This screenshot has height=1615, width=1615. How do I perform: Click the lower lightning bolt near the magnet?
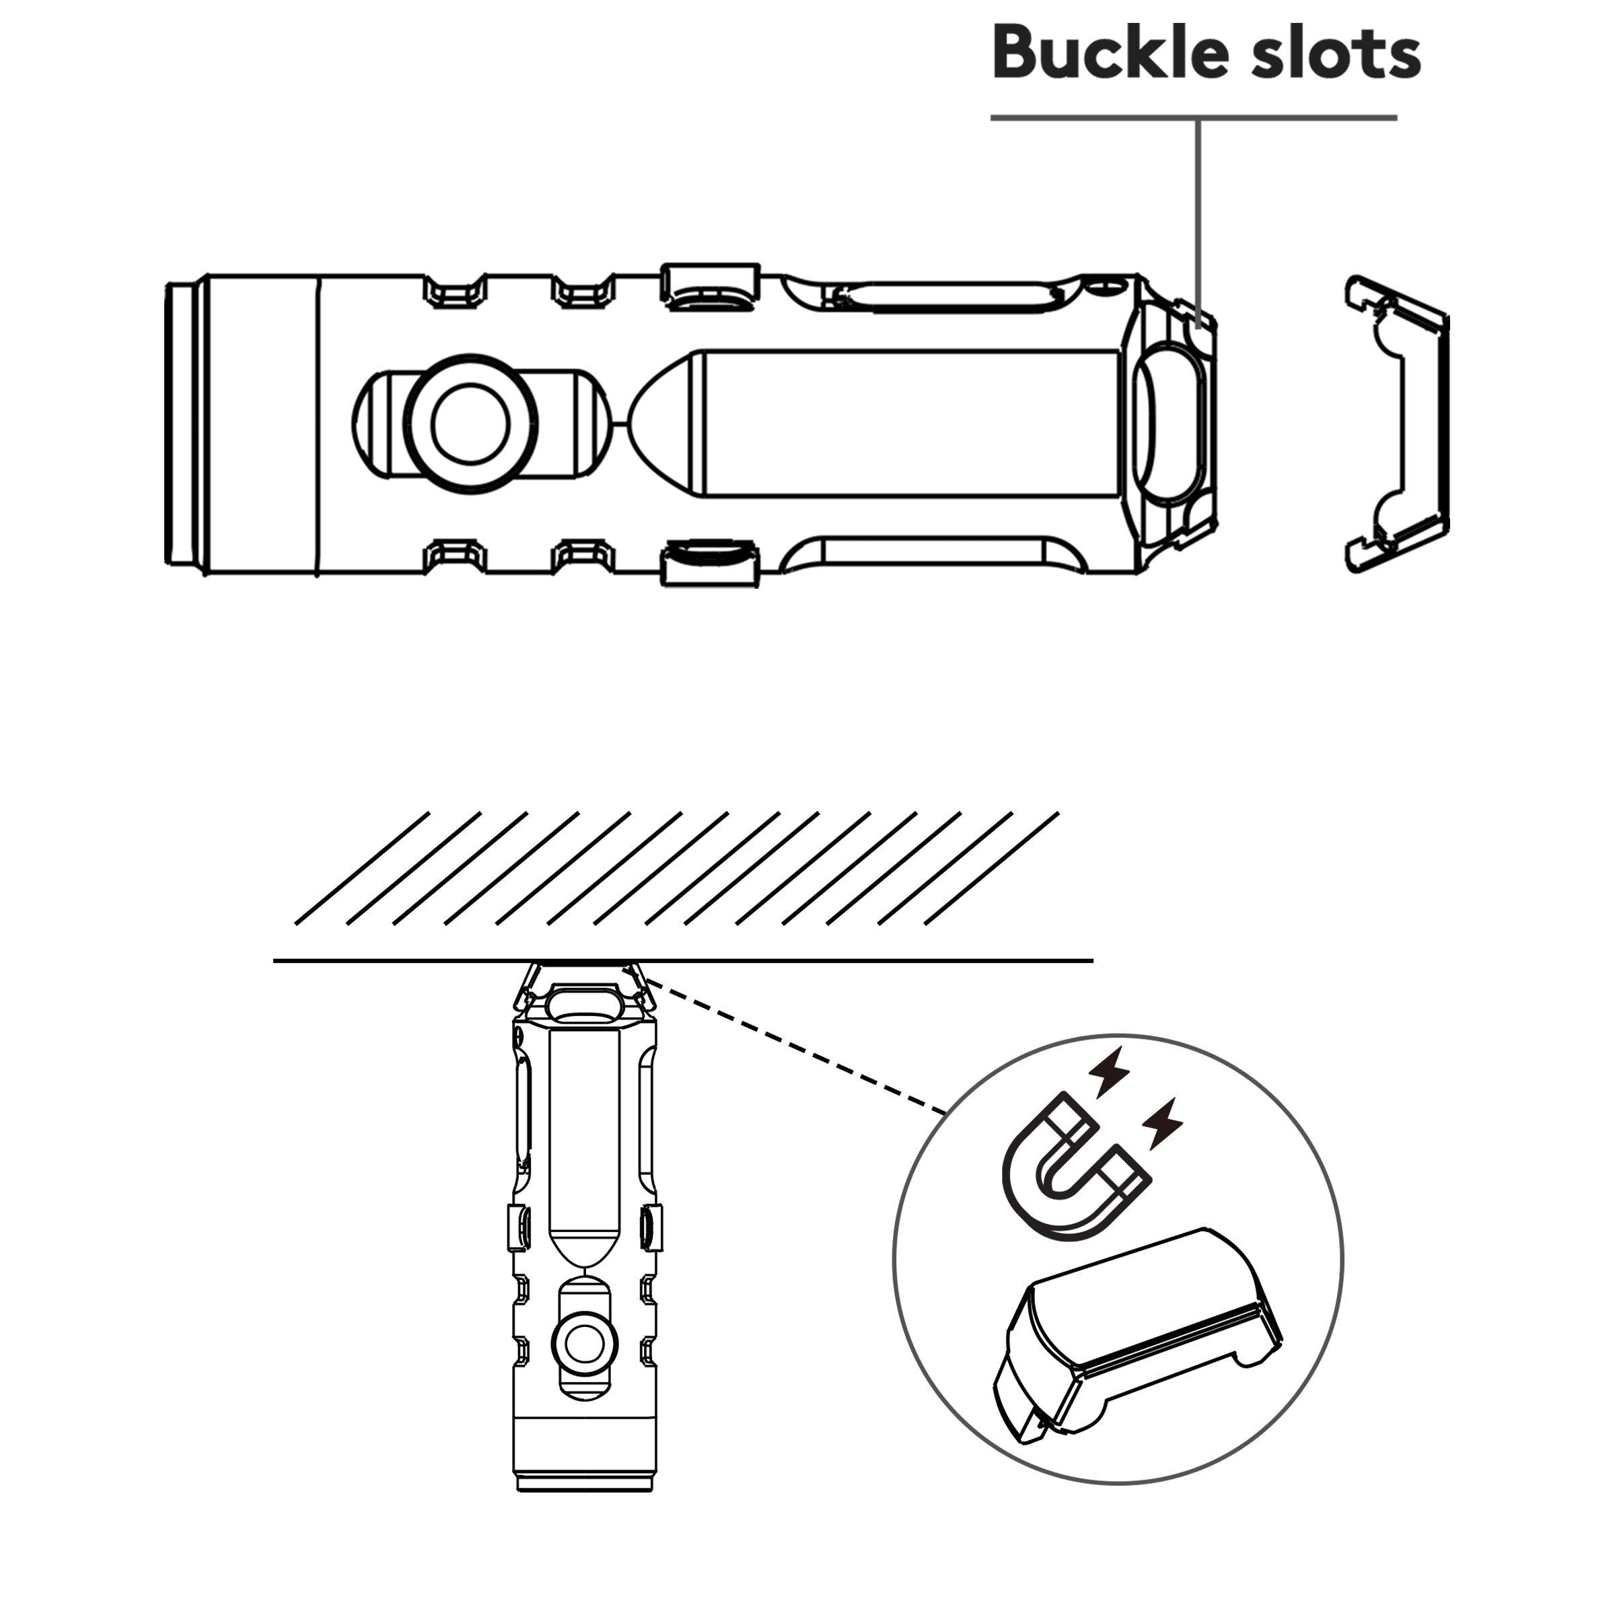[1163, 1122]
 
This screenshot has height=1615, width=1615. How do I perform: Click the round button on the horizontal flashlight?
[470, 423]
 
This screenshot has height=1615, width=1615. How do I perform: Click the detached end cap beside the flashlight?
[1397, 424]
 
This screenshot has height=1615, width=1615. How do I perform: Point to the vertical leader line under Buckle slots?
[1198, 220]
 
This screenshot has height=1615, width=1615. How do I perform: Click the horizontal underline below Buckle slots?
[1194, 118]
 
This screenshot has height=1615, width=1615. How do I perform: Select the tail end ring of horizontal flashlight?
[186, 424]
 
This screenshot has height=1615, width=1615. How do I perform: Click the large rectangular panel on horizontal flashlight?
[911, 423]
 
